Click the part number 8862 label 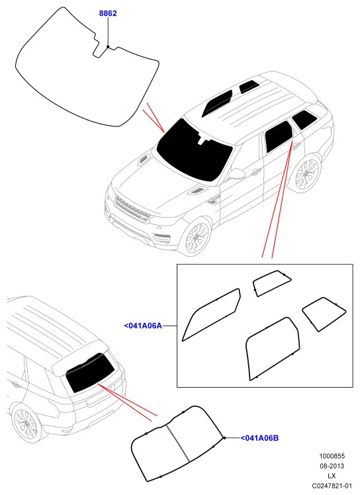click(x=108, y=13)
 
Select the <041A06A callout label click(x=143, y=326)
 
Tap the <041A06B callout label click(x=259, y=438)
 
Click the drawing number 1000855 click(x=332, y=456)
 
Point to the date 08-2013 click(x=332, y=466)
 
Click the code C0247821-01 click(x=332, y=486)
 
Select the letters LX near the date click(x=332, y=476)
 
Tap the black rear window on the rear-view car click(x=90, y=373)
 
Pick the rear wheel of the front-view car click(x=306, y=173)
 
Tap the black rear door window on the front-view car click(x=278, y=137)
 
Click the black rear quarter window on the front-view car click(x=303, y=120)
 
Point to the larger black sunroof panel click(x=217, y=103)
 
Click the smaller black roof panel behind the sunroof click(x=249, y=87)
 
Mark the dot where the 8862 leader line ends click(x=108, y=47)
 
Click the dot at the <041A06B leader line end click(x=224, y=438)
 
